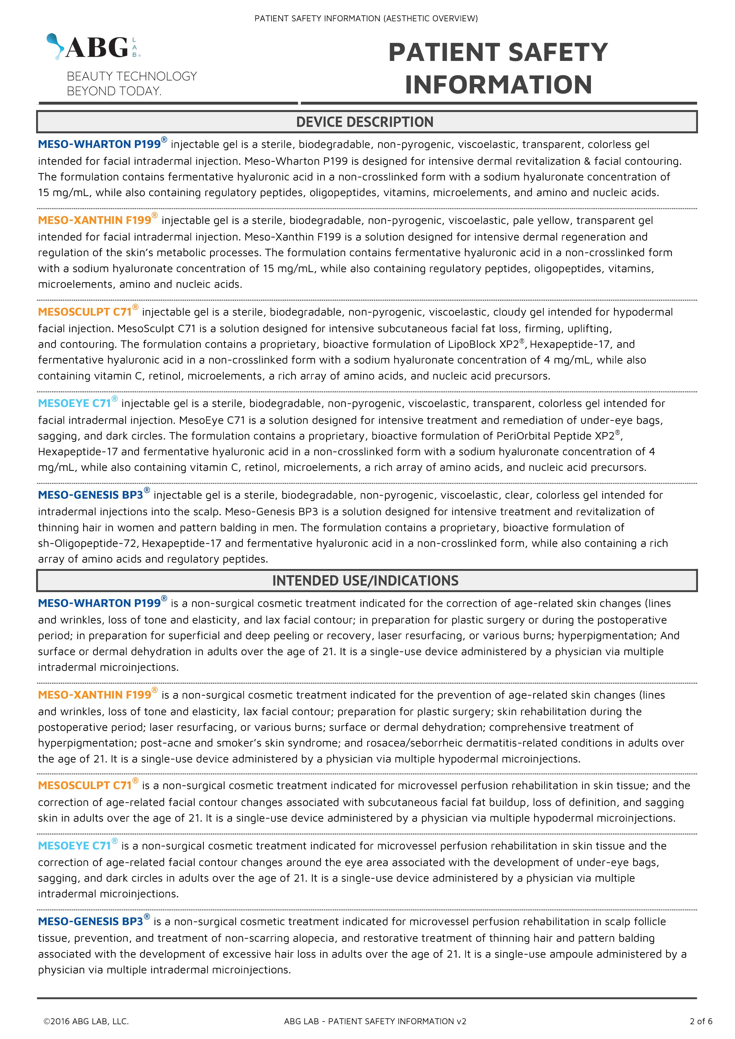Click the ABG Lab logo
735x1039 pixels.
coord(94,47)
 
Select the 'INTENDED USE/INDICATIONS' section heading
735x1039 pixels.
coord(365,581)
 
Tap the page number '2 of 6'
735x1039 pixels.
coord(701,1021)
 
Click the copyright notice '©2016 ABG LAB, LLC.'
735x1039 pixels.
coord(86,1021)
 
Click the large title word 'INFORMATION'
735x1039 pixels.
coord(498,85)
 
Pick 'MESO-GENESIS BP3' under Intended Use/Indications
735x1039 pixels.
coord(91,921)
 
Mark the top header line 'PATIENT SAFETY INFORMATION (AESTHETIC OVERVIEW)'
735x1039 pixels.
coord(366,19)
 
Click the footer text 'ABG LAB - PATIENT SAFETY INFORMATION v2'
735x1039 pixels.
coord(375,1021)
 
